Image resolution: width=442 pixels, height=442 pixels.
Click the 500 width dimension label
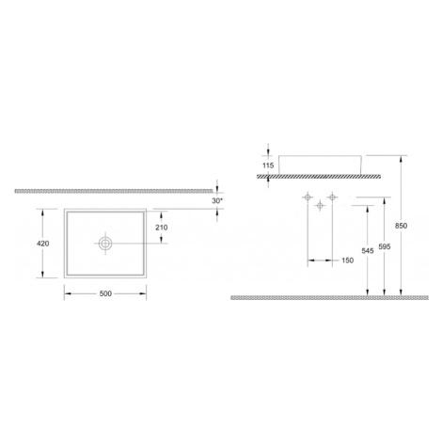coord(105,293)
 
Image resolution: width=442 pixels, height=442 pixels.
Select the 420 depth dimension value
coord(43,244)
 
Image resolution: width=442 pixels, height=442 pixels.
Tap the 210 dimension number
coord(162,228)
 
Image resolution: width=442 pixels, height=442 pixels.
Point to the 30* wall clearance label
coord(217,201)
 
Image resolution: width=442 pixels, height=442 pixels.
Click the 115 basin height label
coord(268,166)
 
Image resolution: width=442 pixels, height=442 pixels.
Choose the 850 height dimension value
coord(401,226)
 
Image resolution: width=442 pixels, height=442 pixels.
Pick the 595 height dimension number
coord(385,246)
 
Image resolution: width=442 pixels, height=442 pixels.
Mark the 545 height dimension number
coord(368,251)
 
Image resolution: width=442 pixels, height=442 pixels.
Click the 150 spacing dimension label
coord(347,260)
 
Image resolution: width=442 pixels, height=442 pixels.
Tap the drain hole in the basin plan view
coord(105,244)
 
